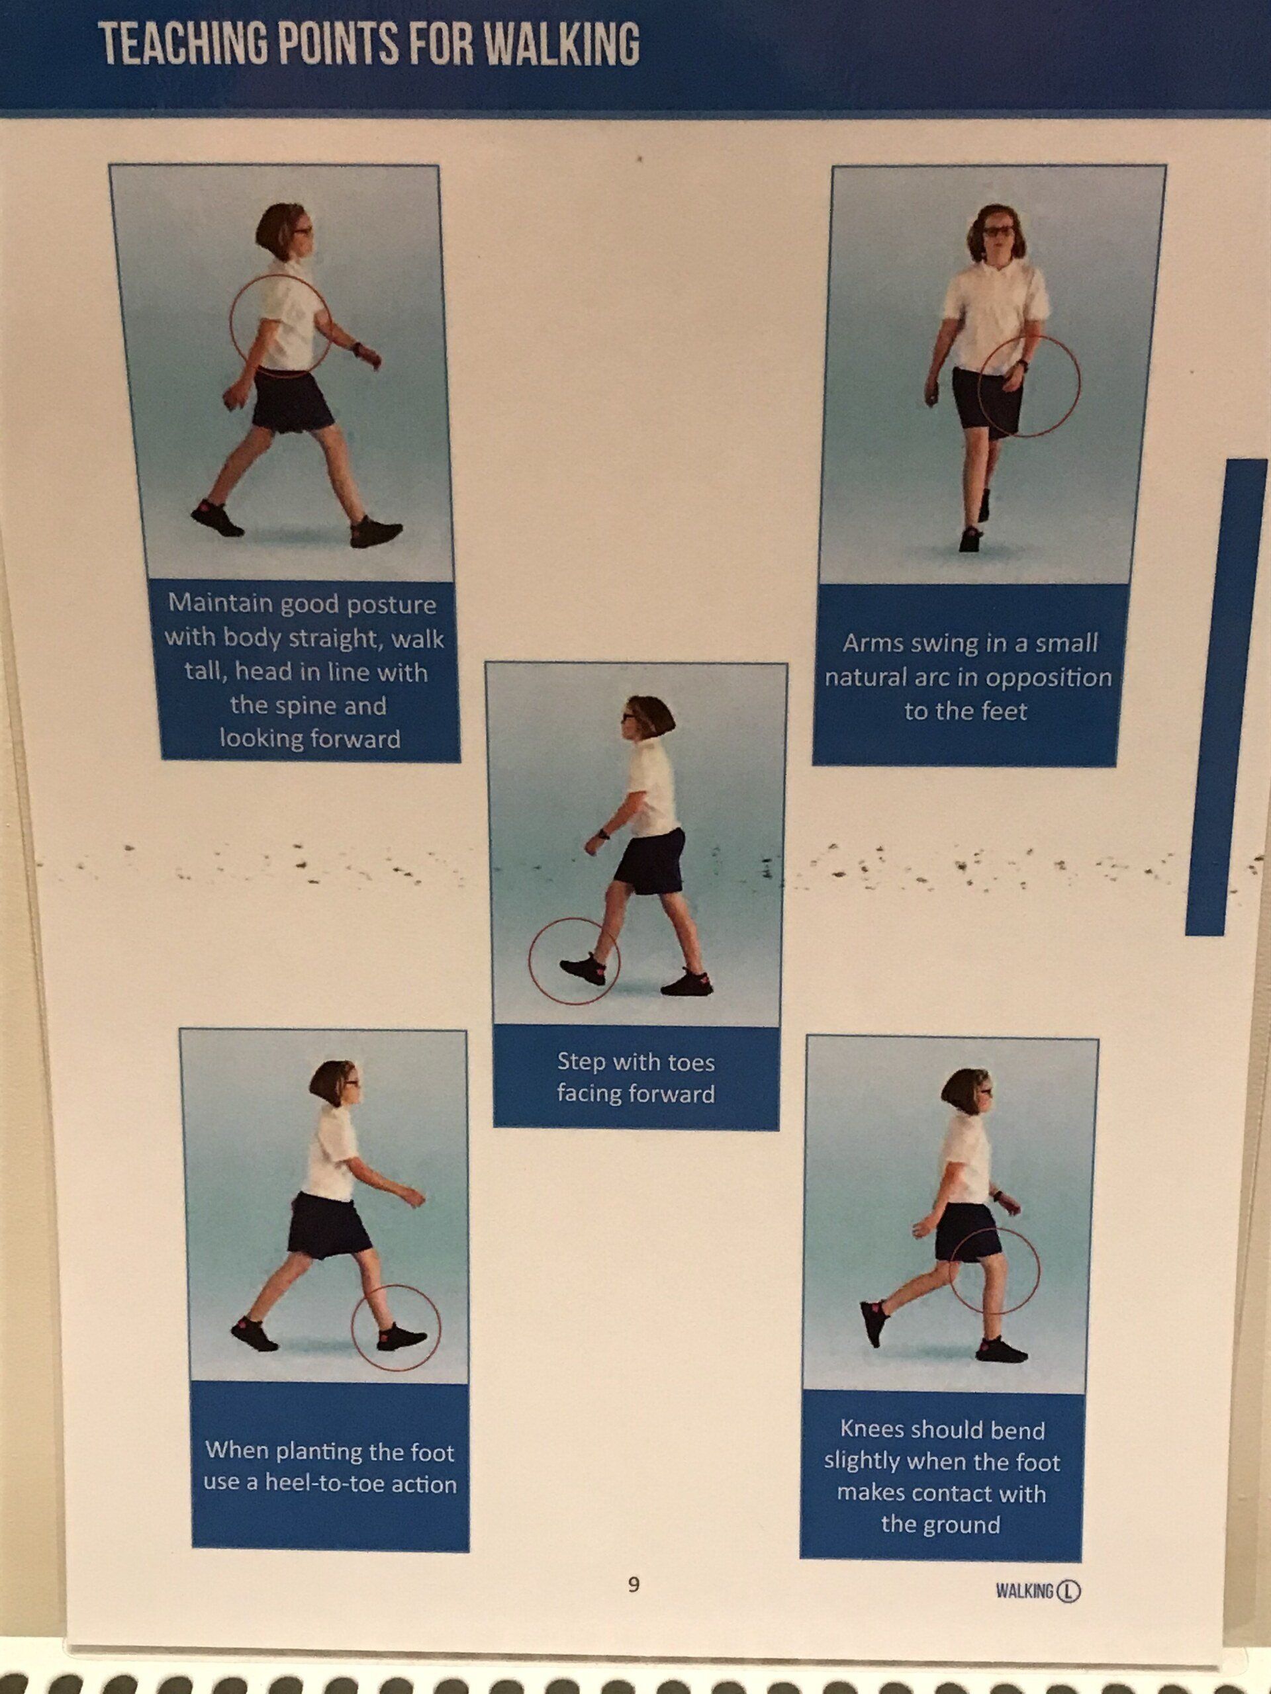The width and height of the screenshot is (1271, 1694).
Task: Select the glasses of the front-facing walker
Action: pos(999,229)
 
